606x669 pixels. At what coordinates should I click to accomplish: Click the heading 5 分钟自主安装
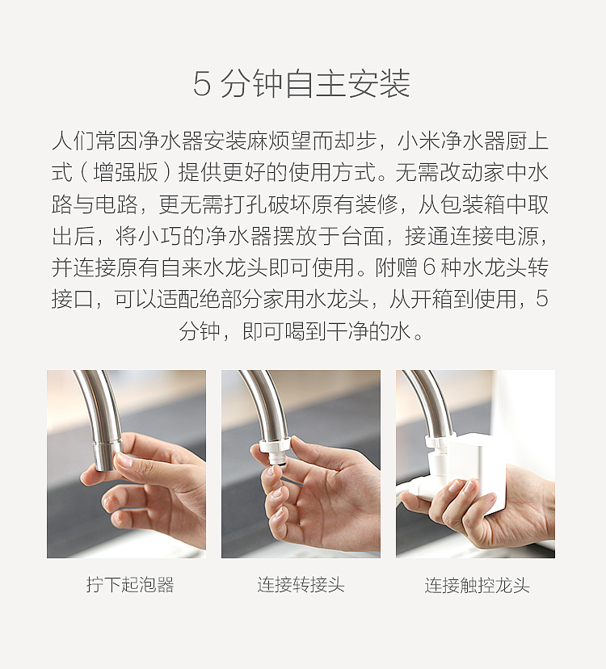[301, 84]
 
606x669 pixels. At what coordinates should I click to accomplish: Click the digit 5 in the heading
[202, 84]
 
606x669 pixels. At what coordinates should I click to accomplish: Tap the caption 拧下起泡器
[130, 584]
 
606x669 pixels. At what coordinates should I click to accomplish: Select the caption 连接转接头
[301, 584]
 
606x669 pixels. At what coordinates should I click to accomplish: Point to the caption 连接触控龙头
[477, 585]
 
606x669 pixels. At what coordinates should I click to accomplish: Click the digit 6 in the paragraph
[430, 267]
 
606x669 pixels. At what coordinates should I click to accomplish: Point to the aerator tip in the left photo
[107, 455]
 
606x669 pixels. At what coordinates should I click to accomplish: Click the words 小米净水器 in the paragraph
[451, 141]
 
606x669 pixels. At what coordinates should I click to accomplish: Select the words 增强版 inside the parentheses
[125, 172]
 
